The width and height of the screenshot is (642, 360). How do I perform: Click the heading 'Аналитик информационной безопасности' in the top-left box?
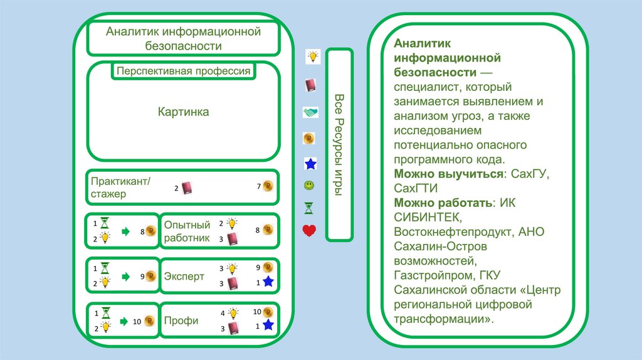point(183,38)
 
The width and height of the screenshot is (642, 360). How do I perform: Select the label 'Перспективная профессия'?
point(183,71)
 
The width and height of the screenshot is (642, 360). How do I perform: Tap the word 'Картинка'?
point(183,112)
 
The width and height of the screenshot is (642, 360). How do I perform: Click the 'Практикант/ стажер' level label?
point(121,188)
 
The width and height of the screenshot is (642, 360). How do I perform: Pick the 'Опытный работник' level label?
point(187,231)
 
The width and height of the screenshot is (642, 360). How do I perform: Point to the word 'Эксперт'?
point(184,276)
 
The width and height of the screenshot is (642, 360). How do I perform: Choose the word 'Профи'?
point(181,320)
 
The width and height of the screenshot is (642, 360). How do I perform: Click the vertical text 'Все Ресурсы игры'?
point(339,145)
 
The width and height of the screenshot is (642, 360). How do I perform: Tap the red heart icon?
point(309,231)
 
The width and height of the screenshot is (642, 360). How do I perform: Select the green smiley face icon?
point(309,186)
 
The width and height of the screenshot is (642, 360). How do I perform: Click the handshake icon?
point(310,112)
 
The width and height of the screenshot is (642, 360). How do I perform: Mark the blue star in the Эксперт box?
point(268,282)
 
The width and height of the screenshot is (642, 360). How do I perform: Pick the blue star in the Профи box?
point(268,325)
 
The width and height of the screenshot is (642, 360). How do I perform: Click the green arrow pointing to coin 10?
point(125,320)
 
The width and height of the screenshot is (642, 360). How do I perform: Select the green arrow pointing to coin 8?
point(125,231)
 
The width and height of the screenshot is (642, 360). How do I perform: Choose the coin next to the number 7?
point(268,186)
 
